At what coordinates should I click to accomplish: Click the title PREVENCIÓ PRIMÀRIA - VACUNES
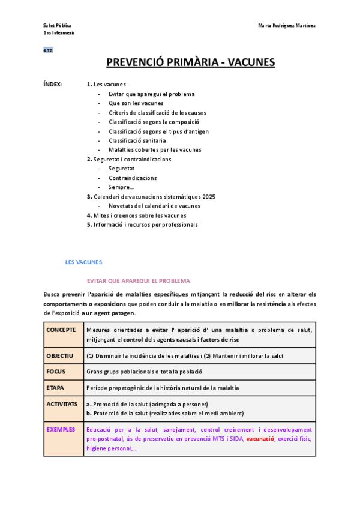tap(190, 62)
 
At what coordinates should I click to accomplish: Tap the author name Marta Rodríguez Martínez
tap(287, 26)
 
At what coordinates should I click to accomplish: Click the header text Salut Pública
tap(57, 26)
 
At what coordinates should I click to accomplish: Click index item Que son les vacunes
tap(136, 103)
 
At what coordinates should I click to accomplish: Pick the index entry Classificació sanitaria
tap(137, 140)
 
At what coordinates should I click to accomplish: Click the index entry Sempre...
tap(121, 187)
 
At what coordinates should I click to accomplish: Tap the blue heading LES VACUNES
tap(83, 262)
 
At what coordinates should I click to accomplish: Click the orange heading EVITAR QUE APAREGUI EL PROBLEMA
tap(138, 281)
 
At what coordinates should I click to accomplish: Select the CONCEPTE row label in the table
tap(61, 330)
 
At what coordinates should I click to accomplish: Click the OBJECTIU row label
tap(60, 355)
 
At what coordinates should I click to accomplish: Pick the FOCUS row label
tap(56, 372)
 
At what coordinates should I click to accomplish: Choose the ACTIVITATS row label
tap(62, 404)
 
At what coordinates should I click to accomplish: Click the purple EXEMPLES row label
tap(61, 430)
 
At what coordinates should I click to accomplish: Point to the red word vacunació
tap(260, 439)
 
